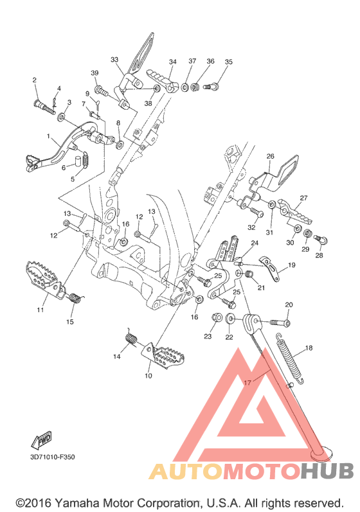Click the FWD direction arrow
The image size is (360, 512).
tap(42, 439)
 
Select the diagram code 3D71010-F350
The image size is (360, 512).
tap(53, 457)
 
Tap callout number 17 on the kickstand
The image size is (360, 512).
tap(248, 382)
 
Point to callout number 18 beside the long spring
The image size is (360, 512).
tap(309, 348)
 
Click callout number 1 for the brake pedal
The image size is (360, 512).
tap(48, 136)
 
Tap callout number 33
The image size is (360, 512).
tap(114, 60)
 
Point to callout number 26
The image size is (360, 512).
tap(270, 156)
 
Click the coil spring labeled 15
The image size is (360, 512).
tap(76, 298)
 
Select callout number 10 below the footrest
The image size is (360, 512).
tap(148, 376)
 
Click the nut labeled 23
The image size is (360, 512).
tap(217, 317)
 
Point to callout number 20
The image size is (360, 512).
tap(289, 305)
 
